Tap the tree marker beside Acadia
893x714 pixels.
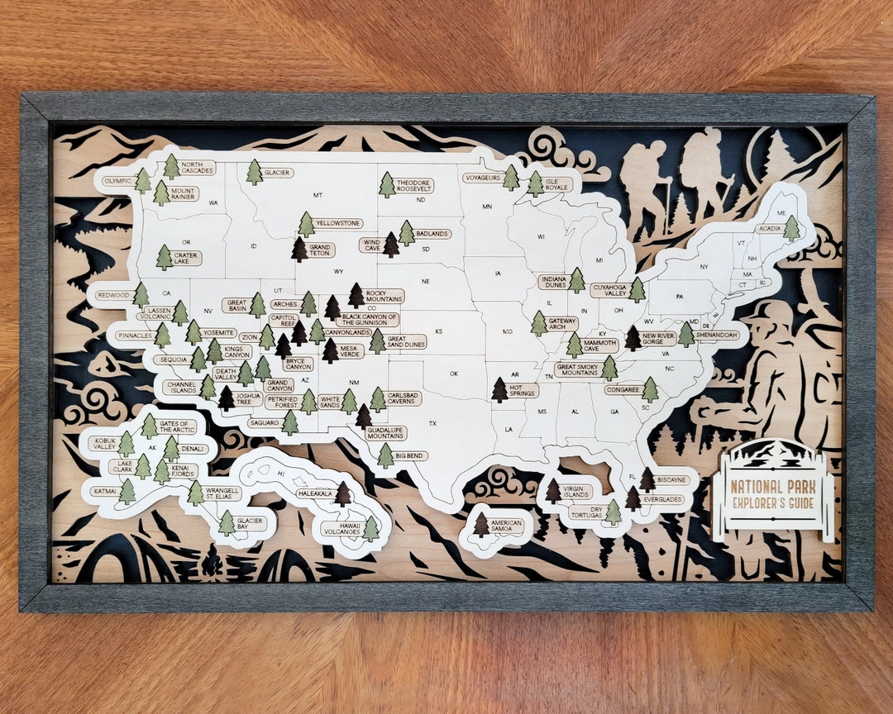[x=792, y=227]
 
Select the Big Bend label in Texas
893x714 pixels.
[x=411, y=455]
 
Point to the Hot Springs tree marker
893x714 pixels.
[x=499, y=389]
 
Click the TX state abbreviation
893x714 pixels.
[x=432, y=423]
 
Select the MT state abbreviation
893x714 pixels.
[x=318, y=195]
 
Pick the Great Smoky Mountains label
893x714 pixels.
[x=577, y=369]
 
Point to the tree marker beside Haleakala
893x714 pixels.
[x=342, y=494]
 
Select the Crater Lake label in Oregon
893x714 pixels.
[x=186, y=259]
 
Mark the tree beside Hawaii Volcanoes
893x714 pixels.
[x=371, y=528]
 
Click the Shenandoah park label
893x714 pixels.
[x=716, y=335]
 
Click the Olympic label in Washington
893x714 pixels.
[x=118, y=180]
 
